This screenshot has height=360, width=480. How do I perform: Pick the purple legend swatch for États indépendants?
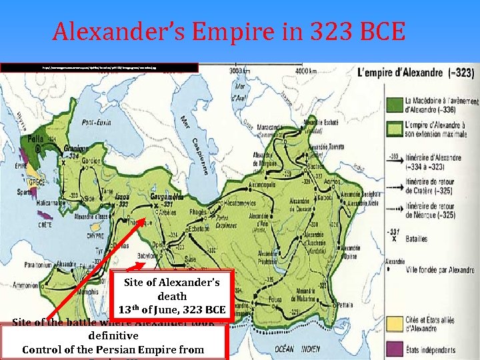click(x=394, y=347)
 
